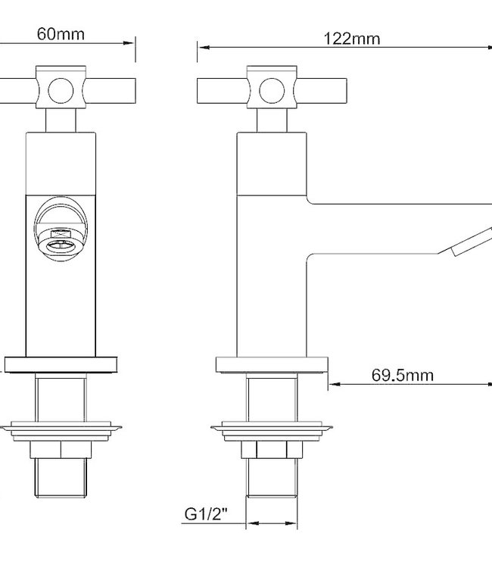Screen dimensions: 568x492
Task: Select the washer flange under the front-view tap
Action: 62,429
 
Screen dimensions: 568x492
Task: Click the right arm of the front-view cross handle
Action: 110,92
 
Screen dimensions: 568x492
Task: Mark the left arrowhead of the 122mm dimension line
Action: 202,48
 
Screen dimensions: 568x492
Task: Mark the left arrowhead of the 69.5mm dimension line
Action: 333,384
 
